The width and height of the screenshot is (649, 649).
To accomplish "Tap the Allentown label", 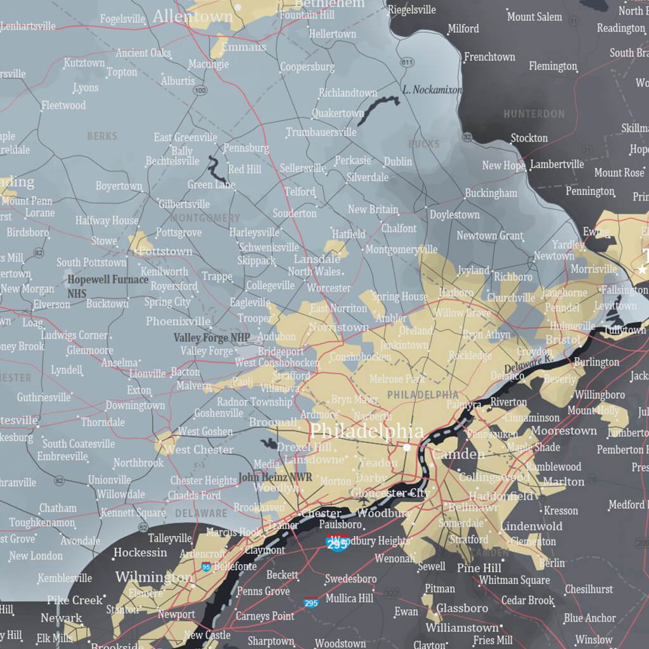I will tap(193, 16).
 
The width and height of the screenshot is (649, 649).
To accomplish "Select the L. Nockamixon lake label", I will tap(432, 90).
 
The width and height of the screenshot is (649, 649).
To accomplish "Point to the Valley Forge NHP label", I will tap(212, 338).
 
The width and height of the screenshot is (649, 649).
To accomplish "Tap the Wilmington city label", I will tap(154, 577).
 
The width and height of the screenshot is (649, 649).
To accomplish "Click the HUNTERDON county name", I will tap(534, 114).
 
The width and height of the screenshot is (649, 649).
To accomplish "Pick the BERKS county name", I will tap(102, 136).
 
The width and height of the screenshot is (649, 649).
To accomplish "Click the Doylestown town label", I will tap(454, 215).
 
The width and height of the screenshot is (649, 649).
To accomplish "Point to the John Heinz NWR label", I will tap(275, 477).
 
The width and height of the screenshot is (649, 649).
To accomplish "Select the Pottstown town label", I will tap(165, 251).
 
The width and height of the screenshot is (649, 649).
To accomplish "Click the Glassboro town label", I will tap(462, 608).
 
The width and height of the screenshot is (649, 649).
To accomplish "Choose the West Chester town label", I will tap(199, 449).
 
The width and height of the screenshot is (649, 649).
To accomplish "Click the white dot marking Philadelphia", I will tap(406, 447).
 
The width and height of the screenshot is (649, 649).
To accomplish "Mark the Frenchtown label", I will tap(489, 57).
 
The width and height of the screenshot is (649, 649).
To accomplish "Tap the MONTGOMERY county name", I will tap(205, 218).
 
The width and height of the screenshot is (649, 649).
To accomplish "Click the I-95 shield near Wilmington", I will tap(206, 567).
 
